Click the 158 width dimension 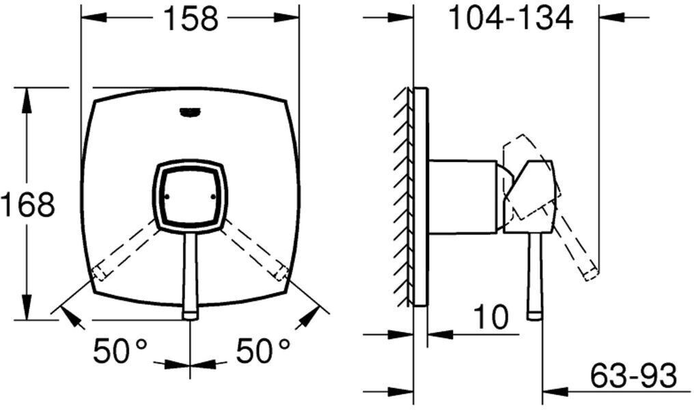tap(191, 18)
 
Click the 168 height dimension tap(27, 204)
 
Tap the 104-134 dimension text tap(511, 18)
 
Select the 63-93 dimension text tap(634, 375)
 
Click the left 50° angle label tap(120, 351)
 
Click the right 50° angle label tap(263, 351)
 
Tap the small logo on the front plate tap(189, 113)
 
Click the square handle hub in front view tap(190, 195)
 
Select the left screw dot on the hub tap(167, 196)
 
